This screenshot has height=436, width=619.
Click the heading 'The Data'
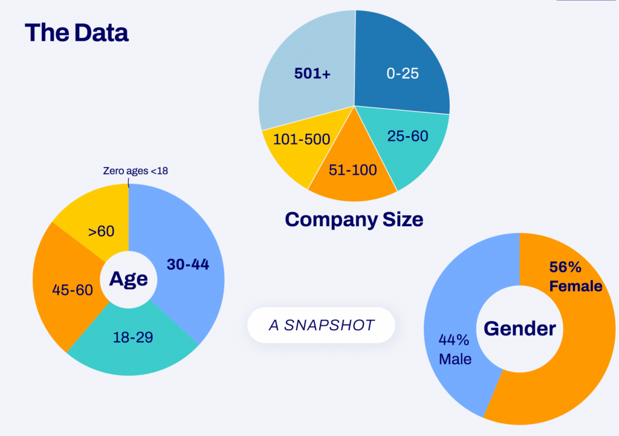(x=77, y=33)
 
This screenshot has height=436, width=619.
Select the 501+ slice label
(x=312, y=73)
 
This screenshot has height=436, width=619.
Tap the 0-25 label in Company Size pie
(x=403, y=73)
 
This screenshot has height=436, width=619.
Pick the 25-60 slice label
(x=407, y=136)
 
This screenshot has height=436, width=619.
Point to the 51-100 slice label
(x=352, y=169)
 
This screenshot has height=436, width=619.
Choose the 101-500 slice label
(x=302, y=140)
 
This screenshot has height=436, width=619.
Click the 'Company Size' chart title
(x=354, y=219)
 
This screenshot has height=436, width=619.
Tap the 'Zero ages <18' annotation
(x=135, y=171)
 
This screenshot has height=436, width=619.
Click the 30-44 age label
(x=187, y=264)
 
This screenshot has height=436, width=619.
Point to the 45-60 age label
(x=73, y=290)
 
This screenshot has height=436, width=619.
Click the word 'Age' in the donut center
(x=128, y=279)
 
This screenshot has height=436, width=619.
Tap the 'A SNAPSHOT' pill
(x=321, y=325)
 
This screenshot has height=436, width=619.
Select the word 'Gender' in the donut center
(x=520, y=328)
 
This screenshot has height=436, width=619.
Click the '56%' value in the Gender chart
(x=566, y=267)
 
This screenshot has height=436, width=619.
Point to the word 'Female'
(x=575, y=285)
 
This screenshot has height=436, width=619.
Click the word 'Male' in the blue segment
(x=455, y=359)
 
